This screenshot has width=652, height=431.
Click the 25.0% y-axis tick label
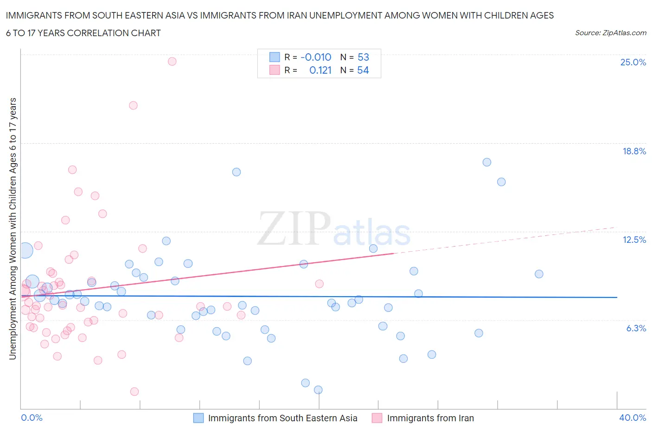(x=633, y=62)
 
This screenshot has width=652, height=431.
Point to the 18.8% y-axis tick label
(x=634, y=151)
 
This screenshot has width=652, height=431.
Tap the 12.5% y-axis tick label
(x=634, y=240)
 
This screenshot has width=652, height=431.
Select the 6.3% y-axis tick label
(x=636, y=328)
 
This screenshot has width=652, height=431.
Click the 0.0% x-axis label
(x=32, y=418)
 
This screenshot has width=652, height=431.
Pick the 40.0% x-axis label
(x=633, y=418)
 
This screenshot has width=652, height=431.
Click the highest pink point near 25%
(x=172, y=61)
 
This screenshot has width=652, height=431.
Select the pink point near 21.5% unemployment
(x=133, y=105)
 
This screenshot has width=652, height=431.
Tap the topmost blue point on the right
(x=486, y=162)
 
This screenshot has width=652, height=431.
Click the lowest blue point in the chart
(x=318, y=390)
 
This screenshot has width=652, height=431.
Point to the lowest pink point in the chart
(x=134, y=392)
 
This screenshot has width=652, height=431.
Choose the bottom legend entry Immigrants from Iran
(x=430, y=418)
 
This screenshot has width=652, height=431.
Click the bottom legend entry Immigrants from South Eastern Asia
(x=282, y=418)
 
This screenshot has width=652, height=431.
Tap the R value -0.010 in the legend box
(x=316, y=57)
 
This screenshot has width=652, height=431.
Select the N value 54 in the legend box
(x=363, y=70)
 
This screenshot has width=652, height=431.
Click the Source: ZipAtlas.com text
(x=610, y=32)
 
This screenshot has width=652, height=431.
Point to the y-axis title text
(x=13, y=228)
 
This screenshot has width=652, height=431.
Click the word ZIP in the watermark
(x=294, y=228)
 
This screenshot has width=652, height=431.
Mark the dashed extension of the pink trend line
(x=505, y=240)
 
